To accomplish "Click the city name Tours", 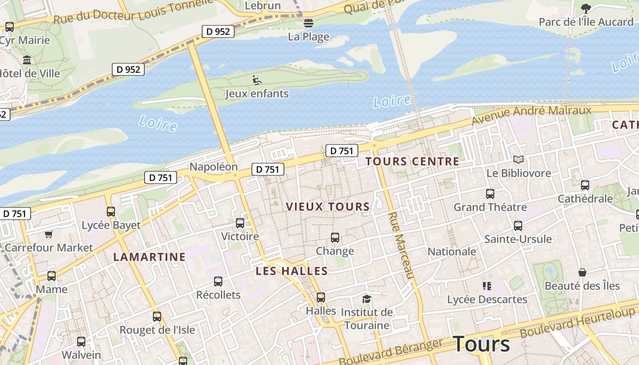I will pos(481,344).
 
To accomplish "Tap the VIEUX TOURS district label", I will pos(328,207).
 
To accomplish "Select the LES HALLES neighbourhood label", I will pos(292,271).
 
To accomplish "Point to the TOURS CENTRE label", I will pos(412,162).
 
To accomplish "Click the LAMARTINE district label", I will pos(149,257).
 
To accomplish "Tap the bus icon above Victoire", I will pos(240,223).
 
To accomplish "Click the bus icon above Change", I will pos(335,238).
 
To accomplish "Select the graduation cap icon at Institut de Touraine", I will pos(367,299).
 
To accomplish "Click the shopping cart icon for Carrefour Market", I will pos(49,235).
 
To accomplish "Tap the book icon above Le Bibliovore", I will pos(519,159).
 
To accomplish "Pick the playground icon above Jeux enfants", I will pos(257,80).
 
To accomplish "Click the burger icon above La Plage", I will pos(309,23).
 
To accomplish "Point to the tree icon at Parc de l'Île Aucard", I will pos(586,8).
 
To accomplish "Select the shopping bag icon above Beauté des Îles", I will pos(582,272).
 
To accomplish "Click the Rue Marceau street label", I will pos(401,245).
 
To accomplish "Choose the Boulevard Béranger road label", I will pos(391,352).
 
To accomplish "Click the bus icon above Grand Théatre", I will pos(490,194).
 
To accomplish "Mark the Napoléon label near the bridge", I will pos(214,167).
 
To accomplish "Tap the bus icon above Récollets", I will pos(218,282).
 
